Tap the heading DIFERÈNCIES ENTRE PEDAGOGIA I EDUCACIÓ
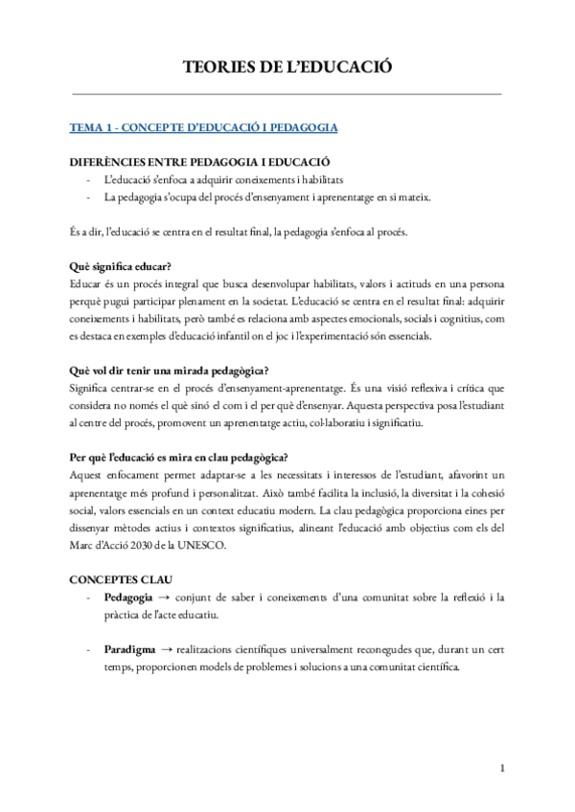[x=200, y=163]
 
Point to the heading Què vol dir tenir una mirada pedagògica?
[x=170, y=370]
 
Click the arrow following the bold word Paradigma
[x=171, y=649]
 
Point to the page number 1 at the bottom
[x=502, y=769]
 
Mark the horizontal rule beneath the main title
[x=287, y=94]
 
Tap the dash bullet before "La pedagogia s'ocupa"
[x=88, y=198]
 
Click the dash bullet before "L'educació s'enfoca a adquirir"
[x=88, y=180]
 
